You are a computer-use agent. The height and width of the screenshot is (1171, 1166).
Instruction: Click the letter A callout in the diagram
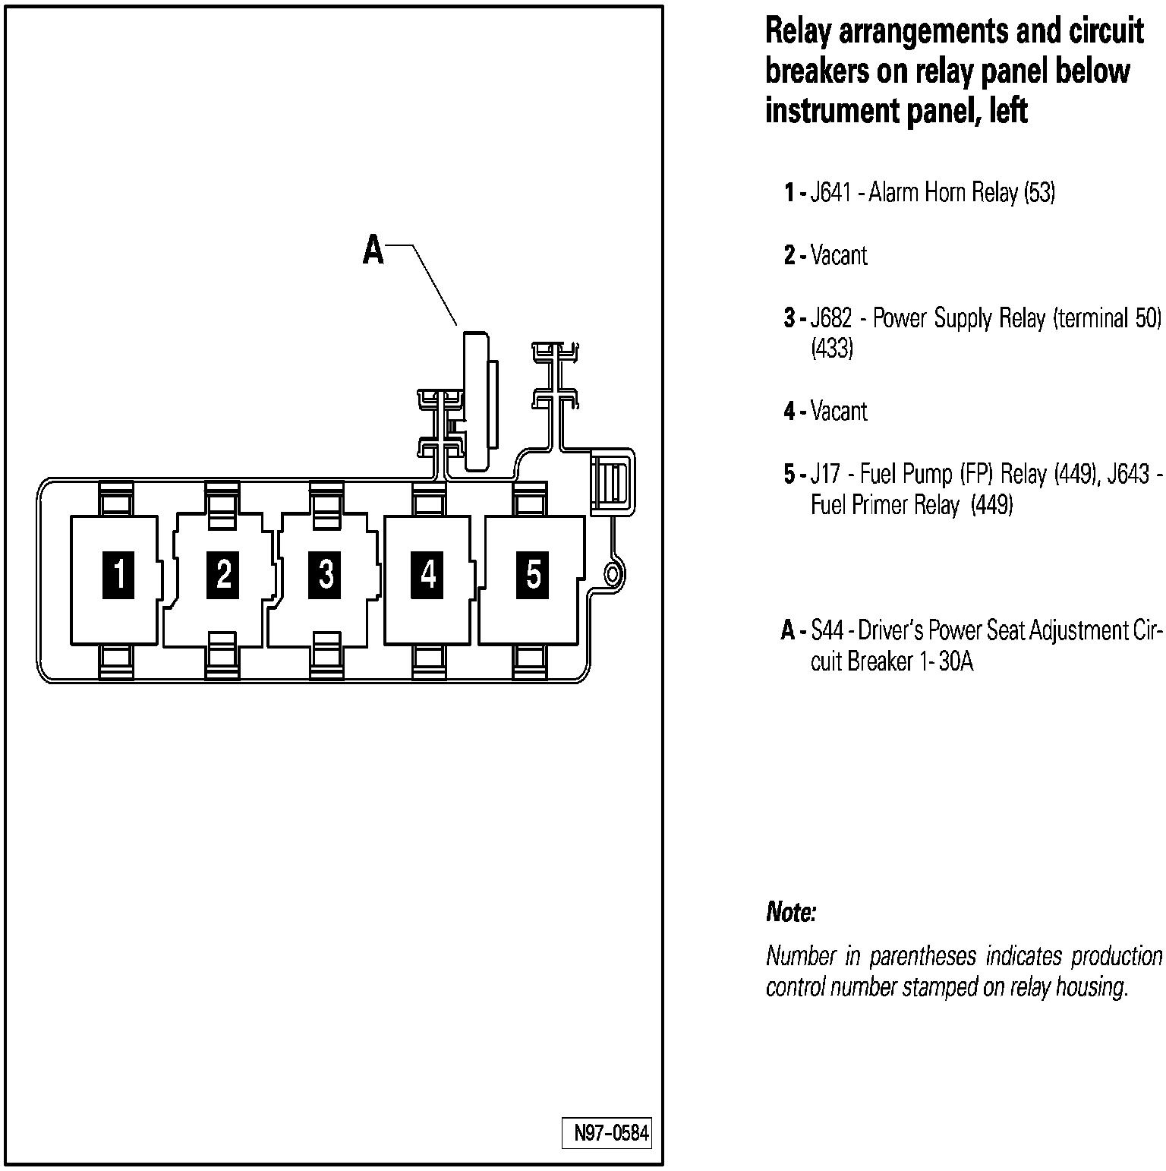(373, 250)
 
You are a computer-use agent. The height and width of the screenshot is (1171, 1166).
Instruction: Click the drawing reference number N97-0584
(611, 1134)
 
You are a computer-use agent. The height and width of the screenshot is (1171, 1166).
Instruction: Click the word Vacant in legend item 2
(839, 255)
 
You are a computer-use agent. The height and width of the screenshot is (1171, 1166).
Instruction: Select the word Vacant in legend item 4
(839, 411)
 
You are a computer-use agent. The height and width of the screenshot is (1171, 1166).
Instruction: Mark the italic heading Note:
(791, 912)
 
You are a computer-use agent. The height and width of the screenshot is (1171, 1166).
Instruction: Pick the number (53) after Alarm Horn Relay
(1039, 193)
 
